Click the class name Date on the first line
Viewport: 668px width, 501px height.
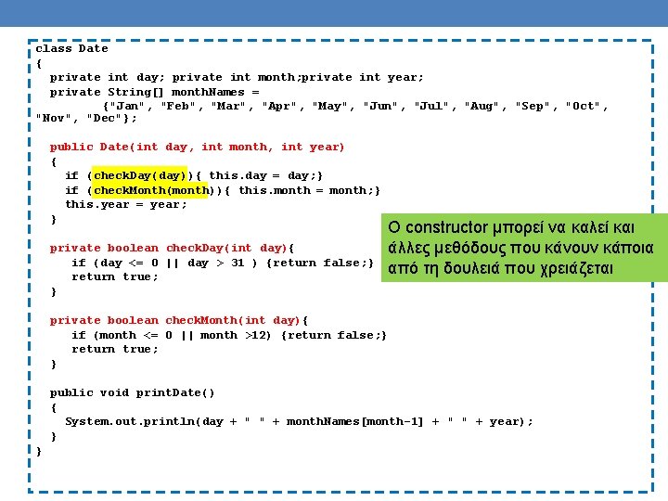coord(93,49)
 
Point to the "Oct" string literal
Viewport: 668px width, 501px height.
coord(584,107)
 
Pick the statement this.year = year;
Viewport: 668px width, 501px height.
coord(126,205)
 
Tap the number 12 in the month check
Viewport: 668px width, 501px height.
coord(263,335)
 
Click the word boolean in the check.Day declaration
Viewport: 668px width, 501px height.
coord(133,248)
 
